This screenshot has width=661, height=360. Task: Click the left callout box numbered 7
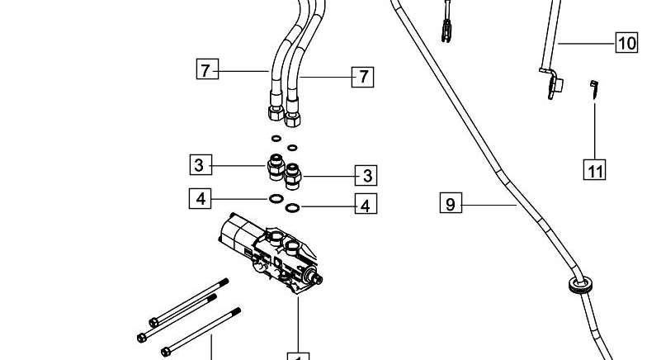coord(207,69)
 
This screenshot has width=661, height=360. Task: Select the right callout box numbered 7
coord(362,77)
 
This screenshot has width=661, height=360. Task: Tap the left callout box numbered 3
coord(201,164)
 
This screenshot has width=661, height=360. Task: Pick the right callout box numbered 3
coord(366,175)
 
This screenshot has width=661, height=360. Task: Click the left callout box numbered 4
coord(201,198)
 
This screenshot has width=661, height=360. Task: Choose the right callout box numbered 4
coord(366,203)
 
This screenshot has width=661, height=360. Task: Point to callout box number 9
coord(451,202)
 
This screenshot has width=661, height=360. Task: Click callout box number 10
coord(627,42)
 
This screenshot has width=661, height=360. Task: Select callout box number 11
coord(594,169)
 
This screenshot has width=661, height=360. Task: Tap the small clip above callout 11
coord(594,89)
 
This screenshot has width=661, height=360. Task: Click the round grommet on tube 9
coord(580,286)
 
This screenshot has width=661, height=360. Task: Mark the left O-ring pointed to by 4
coord(276,198)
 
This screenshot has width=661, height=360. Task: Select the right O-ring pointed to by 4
coord(292,207)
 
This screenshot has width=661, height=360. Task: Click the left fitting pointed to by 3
coord(276,166)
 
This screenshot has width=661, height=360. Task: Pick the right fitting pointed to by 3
coord(292,176)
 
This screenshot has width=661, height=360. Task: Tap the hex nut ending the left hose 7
coord(276,112)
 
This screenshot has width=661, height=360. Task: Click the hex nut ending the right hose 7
coord(292,119)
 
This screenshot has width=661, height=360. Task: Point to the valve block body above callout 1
coord(271,253)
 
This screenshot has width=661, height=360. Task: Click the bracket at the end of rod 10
coord(553,83)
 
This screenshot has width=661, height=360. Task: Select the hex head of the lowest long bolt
coord(166,352)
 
